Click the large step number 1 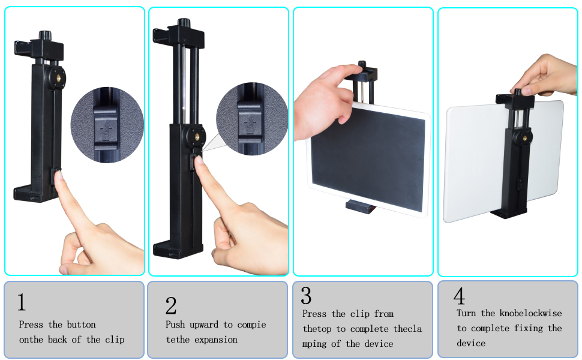click(22, 302)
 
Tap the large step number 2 click(171, 305)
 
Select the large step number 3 click(306, 295)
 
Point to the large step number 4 click(459, 296)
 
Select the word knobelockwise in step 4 click(530, 313)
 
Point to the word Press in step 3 click(314, 314)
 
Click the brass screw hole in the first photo click(59, 77)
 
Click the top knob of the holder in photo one click(45, 35)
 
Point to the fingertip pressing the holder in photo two click(199, 162)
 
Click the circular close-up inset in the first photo click(107, 125)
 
